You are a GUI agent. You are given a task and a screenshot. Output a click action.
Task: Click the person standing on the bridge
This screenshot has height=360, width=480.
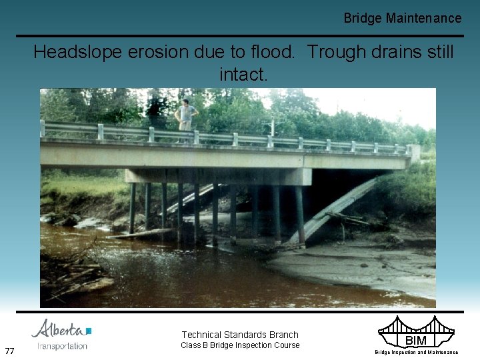point(186,115)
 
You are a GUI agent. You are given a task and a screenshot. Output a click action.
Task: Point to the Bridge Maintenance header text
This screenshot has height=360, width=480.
point(402,18)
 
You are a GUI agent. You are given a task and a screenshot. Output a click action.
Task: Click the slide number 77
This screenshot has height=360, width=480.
point(10,351)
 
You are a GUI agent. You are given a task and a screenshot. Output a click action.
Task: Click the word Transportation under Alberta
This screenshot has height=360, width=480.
point(62,346)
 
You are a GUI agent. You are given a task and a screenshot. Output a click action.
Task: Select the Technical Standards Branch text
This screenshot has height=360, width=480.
point(240,335)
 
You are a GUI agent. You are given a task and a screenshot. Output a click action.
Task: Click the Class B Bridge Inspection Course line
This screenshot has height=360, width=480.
point(241,345)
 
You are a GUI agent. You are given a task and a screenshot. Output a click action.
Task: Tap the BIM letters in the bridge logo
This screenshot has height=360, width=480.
point(416,341)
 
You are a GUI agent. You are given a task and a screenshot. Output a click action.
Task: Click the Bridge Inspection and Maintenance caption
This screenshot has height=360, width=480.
point(416,352)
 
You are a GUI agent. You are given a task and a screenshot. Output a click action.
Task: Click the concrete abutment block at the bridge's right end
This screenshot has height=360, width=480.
point(414,153)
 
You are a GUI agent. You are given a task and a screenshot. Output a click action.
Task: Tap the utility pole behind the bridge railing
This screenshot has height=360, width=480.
point(272,126)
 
